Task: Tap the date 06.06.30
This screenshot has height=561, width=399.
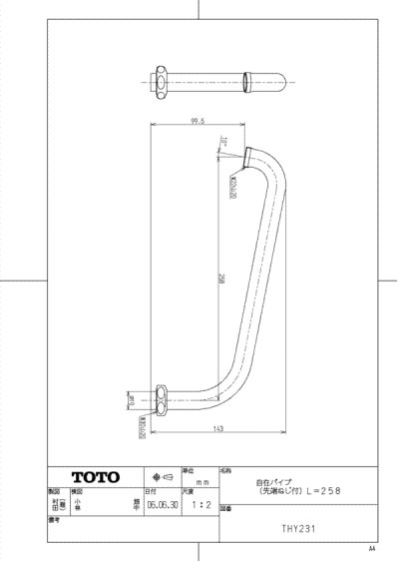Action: coord(160,505)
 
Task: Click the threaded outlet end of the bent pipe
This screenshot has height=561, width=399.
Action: coord(247,156)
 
